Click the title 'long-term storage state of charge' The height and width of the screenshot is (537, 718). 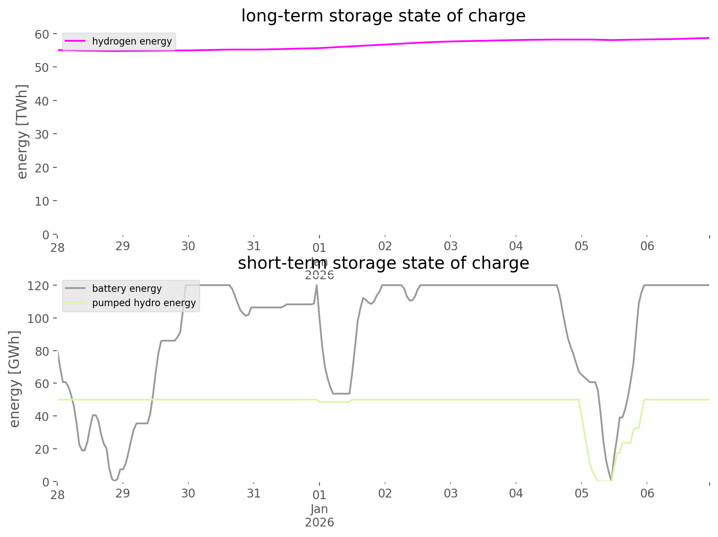383,16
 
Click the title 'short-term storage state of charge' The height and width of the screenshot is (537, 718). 383,263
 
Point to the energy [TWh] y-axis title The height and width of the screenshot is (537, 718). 22,132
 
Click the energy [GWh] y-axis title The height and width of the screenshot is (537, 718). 15,379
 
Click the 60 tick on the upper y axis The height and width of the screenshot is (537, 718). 42,34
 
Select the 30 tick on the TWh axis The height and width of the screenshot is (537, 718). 42,134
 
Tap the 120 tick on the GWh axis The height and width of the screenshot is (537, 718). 38,286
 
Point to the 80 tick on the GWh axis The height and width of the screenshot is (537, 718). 42,351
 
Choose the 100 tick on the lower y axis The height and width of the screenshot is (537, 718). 38,318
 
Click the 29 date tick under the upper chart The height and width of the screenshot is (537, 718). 123,246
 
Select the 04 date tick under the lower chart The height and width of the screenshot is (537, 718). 516,493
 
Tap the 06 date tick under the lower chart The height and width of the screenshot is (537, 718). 647,493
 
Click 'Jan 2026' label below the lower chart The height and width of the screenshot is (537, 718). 319,516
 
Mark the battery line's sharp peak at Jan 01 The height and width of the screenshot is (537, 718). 316,286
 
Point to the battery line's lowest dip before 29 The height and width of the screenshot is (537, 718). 114,480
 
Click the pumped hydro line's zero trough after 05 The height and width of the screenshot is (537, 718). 604,480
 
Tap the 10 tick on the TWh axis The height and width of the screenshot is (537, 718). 42,201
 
